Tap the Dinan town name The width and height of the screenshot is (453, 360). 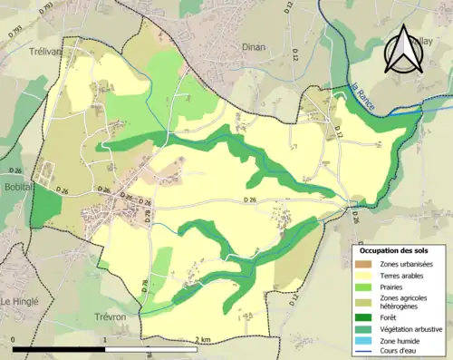pos(254,46)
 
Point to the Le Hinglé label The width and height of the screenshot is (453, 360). pos(19,301)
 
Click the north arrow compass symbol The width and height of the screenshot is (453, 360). pos(402,50)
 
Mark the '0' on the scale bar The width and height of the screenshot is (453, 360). pos(14,340)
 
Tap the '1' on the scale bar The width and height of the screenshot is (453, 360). pos(106,340)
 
